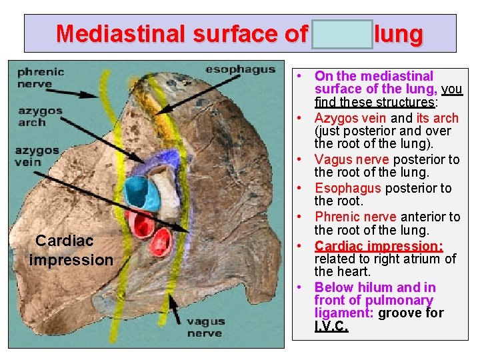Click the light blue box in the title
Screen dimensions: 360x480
coord(342,34)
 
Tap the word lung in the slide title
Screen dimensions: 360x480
coord(398,33)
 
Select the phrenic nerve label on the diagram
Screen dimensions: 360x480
coord(40,77)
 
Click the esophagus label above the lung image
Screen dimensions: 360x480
coord(240,69)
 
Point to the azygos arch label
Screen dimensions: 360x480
coord(41,116)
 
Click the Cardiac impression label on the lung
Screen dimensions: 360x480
coord(71,250)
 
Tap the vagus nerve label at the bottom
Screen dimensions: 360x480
coord(205,327)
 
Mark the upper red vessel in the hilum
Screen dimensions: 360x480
coord(141,223)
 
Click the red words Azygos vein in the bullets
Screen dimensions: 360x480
coord(351,118)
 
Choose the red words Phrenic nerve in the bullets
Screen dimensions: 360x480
coord(355,217)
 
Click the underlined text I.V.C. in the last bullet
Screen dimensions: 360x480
coord(331,327)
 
